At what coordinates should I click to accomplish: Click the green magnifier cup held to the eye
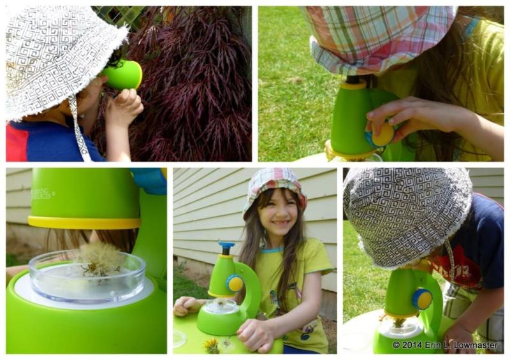pyautogui.click(x=124, y=75)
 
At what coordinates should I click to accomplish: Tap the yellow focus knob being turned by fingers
pyautogui.click(x=382, y=134)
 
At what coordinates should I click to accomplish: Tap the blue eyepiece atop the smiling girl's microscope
pyautogui.click(x=226, y=245)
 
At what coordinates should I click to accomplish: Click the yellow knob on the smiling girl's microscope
pyautogui.click(x=235, y=284)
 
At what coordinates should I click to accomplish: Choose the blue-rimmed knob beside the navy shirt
pyautogui.click(x=421, y=298)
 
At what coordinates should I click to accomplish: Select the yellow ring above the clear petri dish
pyautogui.click(x=84, y=222)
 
